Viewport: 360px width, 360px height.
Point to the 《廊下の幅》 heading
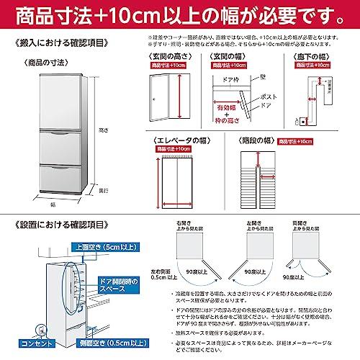click(315, 55)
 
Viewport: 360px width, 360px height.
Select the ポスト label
click(270, 97)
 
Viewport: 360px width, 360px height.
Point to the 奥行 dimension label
click(103, 191)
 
